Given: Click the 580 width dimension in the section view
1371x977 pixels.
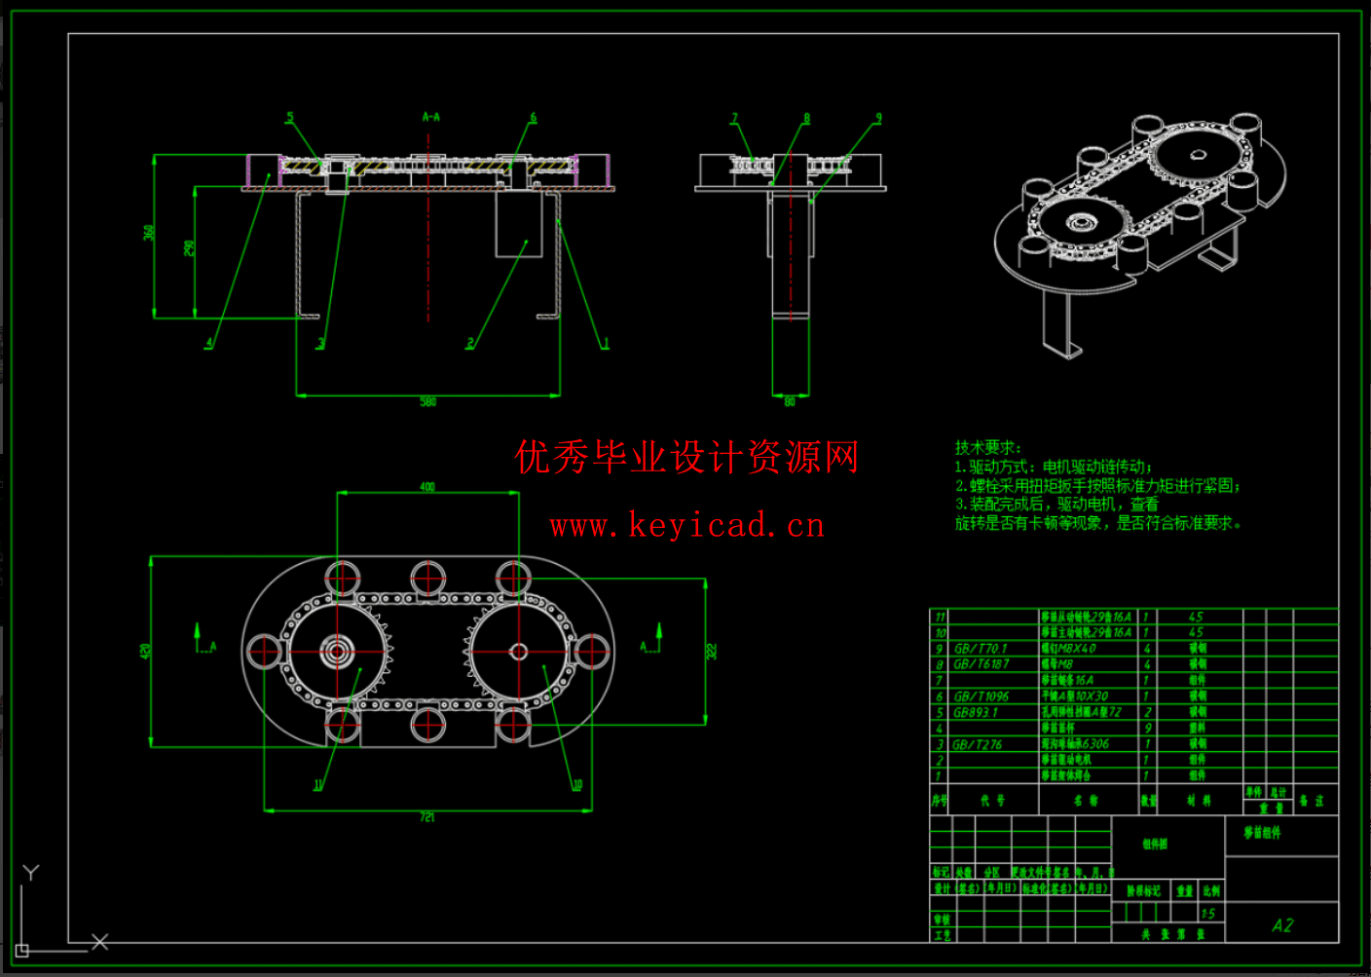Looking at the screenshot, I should tap(428, 401).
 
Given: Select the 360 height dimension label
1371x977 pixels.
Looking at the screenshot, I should tap(149, 233).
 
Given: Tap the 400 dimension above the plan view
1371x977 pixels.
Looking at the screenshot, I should tap(427, 486).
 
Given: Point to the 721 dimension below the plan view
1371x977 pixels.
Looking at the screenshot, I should tap(427, 817).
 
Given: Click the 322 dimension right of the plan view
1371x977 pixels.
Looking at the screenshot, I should tap(712, 651).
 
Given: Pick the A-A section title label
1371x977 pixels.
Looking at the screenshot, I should tap(430, 117).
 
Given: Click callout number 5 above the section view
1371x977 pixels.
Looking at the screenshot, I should tap(289, 118).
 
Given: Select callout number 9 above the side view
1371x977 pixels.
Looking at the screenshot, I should tap(878, 118).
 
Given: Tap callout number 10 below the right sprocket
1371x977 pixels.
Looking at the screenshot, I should tap(577, 784).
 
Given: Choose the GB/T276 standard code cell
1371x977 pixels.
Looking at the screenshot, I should tap(978, 744).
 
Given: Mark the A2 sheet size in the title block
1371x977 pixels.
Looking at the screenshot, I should tap(1282, 925).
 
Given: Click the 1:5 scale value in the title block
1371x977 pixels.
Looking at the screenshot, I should tap(1208, 914).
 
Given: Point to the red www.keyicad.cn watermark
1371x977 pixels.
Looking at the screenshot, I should tap(686, 526).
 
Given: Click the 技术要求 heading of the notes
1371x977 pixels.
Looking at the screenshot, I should tap(987, 447).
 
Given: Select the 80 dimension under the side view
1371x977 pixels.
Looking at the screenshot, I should tap(790, 401).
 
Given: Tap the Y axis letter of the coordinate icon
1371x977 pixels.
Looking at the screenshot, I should tap(31, 873).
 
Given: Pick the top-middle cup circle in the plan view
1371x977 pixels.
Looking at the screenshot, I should tap(428, 578).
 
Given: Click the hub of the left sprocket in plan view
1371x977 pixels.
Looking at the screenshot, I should tap(337, 651).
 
